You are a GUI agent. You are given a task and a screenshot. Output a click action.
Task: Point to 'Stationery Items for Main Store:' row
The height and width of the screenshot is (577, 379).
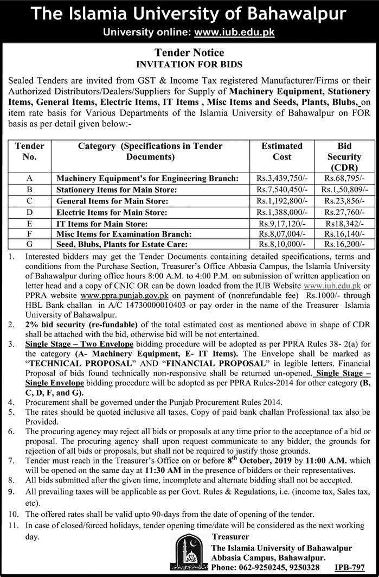click(117, 189)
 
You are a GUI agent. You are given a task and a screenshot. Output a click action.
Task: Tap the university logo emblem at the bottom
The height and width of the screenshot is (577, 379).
click(188, 551)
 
